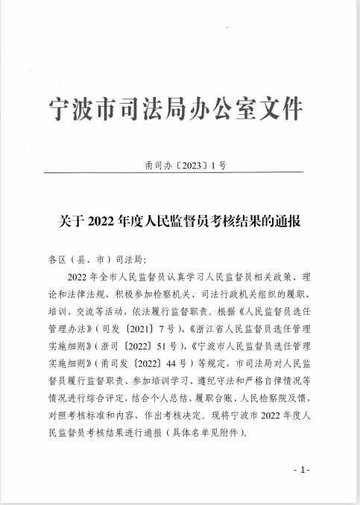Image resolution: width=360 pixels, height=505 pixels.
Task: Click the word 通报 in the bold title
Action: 285,221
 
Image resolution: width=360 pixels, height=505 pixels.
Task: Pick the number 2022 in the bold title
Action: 99,221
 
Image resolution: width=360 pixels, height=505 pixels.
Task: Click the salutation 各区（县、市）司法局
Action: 96,260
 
